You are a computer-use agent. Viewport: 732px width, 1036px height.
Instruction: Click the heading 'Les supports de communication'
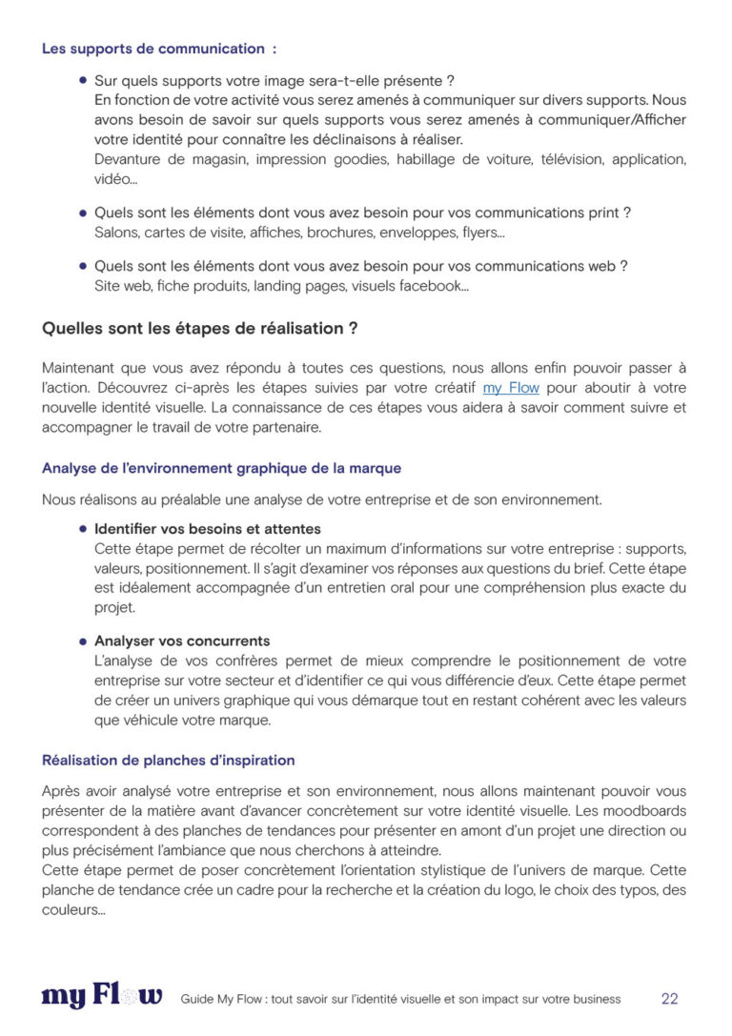pos(152,49)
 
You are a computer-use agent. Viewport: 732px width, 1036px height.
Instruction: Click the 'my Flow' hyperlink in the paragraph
pos(511,388)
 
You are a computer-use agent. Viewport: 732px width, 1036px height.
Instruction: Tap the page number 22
pos(669,999)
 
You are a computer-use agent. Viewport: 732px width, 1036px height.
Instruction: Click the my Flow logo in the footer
pos(102,997)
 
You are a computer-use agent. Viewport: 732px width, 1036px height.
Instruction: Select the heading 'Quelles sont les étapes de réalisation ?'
pos(199,329)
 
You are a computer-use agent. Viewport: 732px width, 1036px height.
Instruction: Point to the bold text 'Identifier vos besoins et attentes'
pos(207,529)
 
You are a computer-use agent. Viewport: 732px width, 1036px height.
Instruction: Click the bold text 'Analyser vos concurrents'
pos(181,641)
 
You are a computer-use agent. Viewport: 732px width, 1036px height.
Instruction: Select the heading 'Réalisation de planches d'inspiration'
pos(168,761)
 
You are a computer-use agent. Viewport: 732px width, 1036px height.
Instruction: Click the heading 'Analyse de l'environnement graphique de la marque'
pos(221,468)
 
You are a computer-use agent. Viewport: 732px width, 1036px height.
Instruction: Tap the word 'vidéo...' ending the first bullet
pos(114,179)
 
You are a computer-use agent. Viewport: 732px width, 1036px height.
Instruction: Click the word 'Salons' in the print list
pos(116,232)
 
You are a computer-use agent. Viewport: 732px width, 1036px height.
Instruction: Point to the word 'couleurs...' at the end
pos(73,910)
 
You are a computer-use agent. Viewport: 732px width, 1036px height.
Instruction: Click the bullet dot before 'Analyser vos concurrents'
pos(83,641)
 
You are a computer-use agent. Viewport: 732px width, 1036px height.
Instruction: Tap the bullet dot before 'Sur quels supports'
pos(83,81)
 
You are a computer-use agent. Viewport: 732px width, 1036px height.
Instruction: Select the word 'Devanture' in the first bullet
pos(129,159)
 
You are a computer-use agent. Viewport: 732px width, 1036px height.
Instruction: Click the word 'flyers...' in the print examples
pos(483,232)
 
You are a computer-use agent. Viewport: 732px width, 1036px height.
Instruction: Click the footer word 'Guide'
pos(195,999)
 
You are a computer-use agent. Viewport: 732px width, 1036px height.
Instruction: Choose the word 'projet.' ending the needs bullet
pos(115,607)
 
